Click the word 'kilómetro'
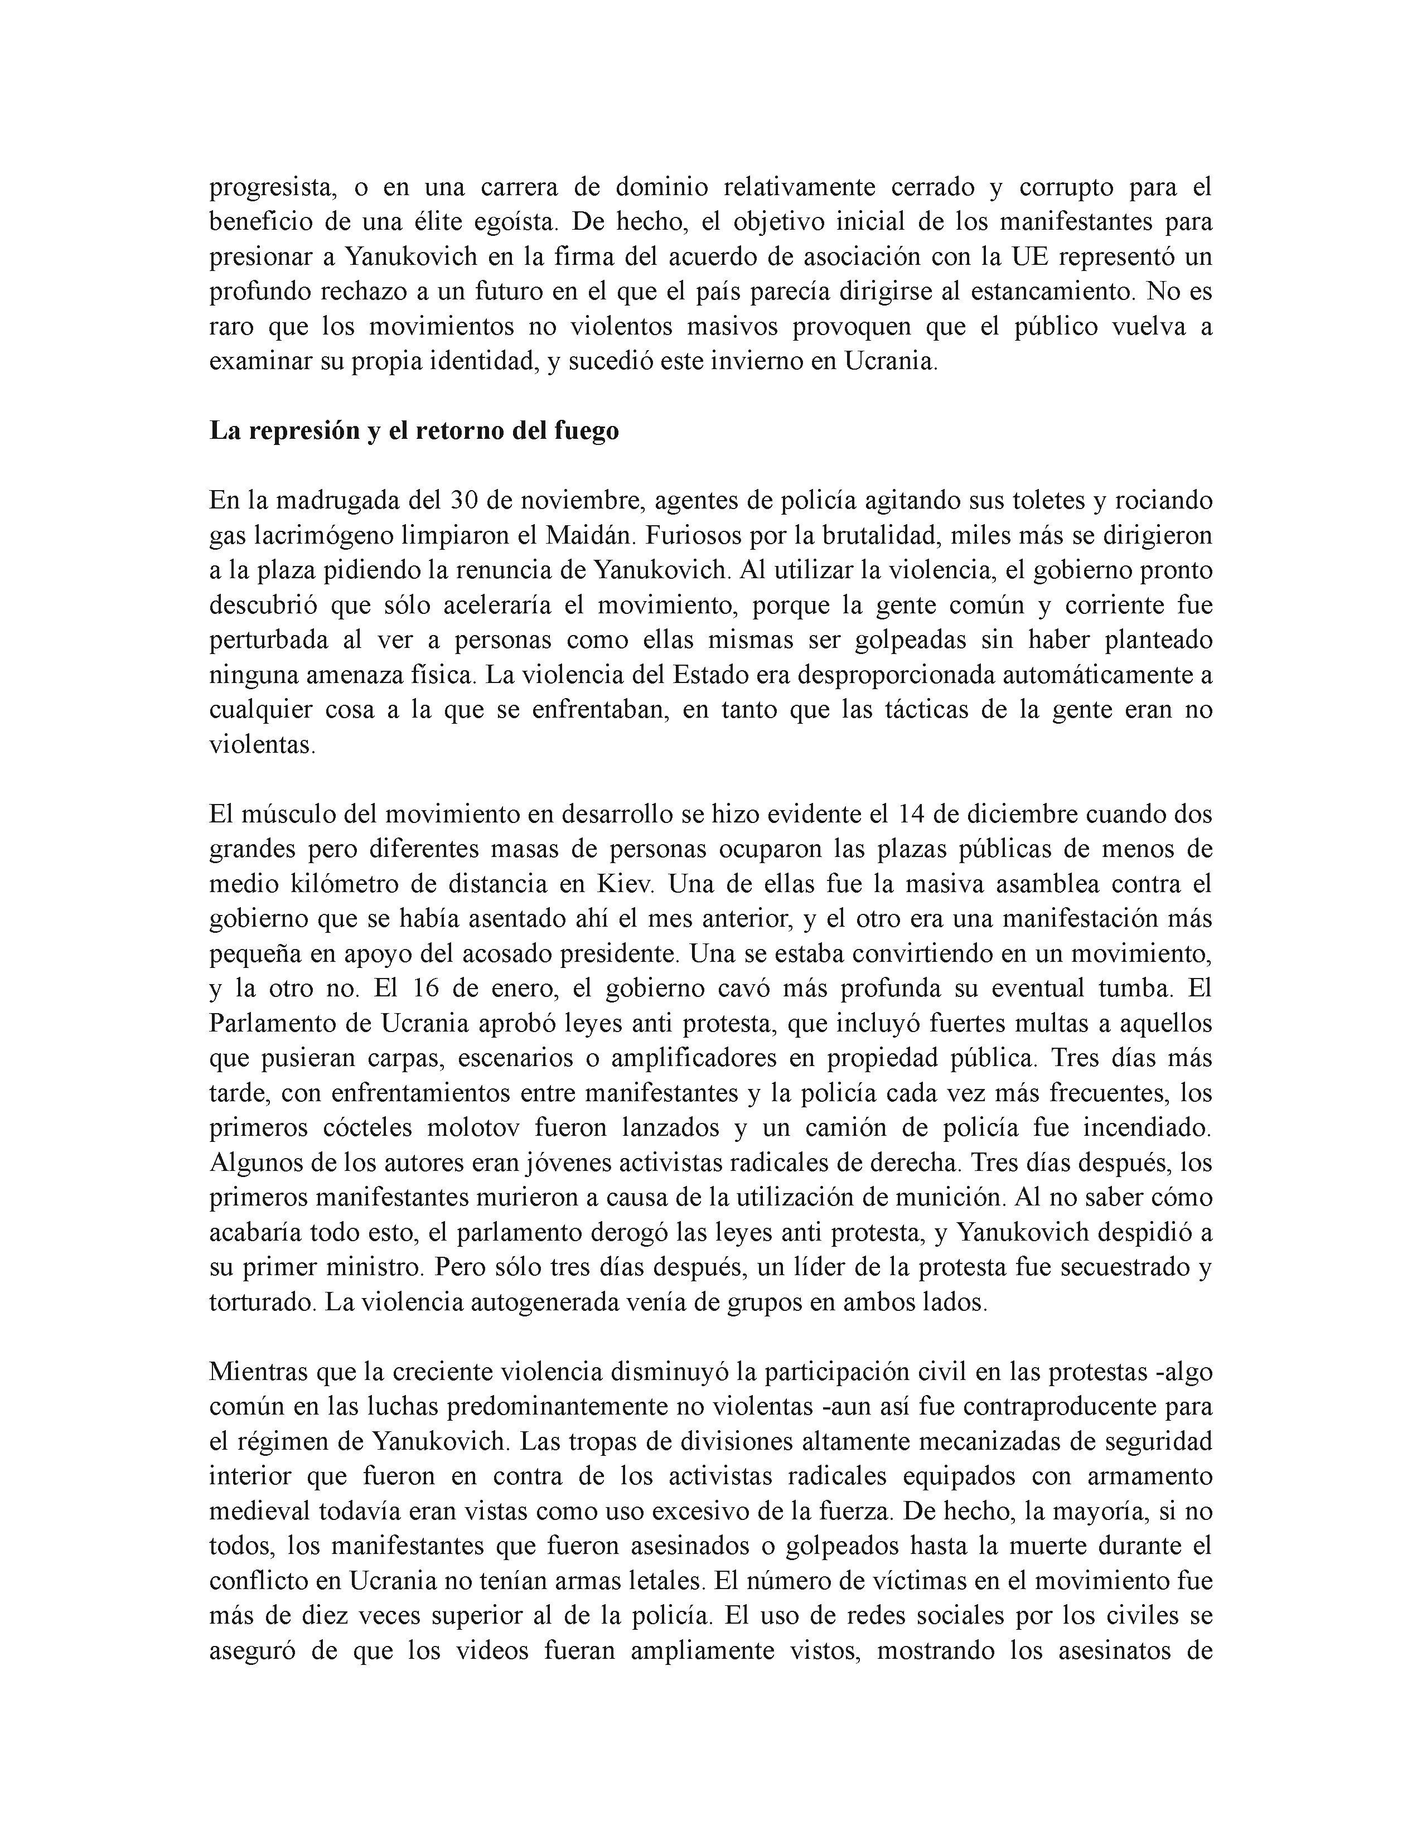(320, 885)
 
